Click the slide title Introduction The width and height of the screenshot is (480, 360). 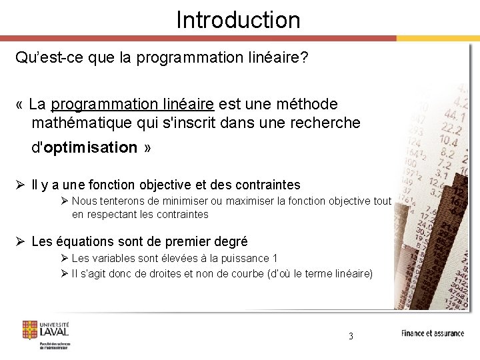238,20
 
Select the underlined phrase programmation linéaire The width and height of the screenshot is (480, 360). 132,105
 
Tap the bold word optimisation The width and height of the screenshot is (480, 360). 90,147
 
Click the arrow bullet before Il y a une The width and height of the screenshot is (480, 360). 21,185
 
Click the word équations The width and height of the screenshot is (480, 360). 84,241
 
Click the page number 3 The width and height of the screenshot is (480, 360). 351,336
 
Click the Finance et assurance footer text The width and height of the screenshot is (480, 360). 432,333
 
